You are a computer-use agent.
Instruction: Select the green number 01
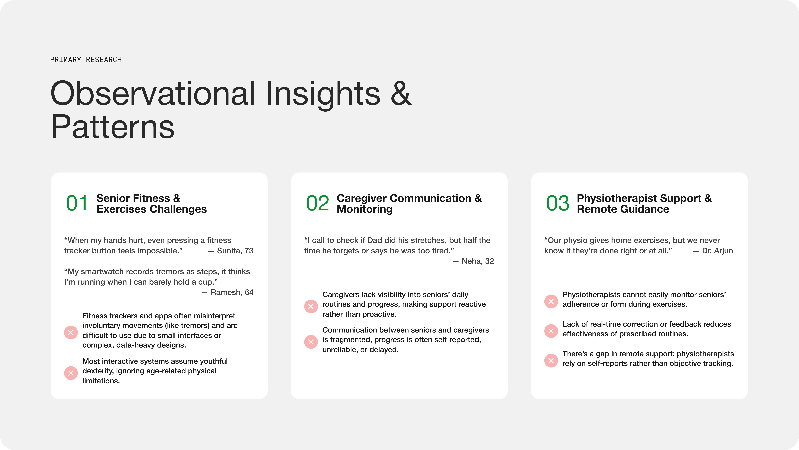point(77,203)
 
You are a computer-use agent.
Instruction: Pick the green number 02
point(317,203)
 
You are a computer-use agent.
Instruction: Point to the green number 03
point(557,203)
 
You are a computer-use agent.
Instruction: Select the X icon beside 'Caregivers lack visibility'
point(311,307)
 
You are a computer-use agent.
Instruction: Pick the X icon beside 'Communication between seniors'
point(311,342)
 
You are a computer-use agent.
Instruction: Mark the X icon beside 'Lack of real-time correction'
point(551,331)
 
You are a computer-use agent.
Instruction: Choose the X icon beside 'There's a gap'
point(551,361)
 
